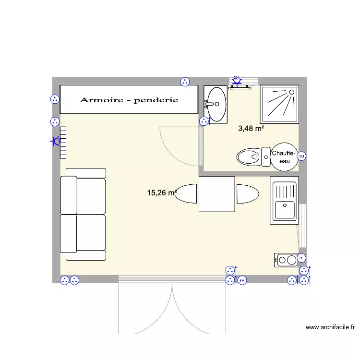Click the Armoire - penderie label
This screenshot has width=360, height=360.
pos(129,100)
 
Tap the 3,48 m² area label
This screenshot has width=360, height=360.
pos(251,128)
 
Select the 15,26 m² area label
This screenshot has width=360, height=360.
pos(162,193)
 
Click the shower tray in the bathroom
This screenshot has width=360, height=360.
pos(279,104)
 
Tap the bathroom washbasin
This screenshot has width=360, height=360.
pos(215,103)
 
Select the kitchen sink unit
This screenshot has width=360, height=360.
pos(284,200)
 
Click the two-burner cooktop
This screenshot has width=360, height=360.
pos(286,260)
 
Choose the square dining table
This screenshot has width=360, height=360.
pos(217,194)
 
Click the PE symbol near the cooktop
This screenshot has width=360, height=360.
pos(301,258)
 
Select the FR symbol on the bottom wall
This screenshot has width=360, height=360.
pos(242,280)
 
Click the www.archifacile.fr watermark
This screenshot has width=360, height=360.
pos(330,328)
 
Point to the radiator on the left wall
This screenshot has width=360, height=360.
pos(62,143)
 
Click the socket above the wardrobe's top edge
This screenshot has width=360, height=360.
pos(185,82)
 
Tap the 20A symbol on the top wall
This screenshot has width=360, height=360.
pos(237,80)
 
